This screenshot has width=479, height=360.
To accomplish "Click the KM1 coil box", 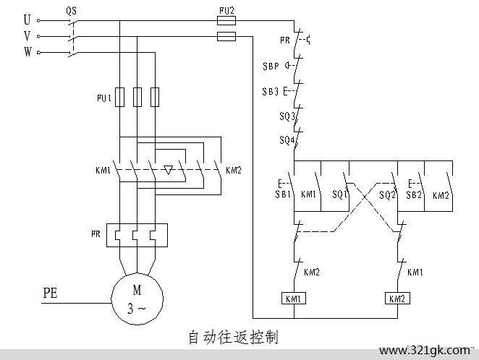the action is click(294, 299).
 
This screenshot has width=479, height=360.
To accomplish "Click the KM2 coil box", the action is click(397, 299).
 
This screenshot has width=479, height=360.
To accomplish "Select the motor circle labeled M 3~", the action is click(137, 299).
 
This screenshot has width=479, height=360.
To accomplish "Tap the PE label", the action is click(50, 293).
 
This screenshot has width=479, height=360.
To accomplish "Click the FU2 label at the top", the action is click(226, 11).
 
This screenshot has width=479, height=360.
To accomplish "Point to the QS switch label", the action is click(72, 11).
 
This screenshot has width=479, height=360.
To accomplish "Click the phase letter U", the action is click(27, 20).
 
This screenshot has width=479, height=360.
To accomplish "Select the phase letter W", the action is click(27, 51).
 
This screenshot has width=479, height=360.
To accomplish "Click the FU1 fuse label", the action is click(104, 98).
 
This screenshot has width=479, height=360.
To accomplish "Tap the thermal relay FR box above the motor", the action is click(137, 235).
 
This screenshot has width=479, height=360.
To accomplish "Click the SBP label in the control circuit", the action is click(271, 66).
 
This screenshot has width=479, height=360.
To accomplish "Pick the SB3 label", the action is click(271, 92).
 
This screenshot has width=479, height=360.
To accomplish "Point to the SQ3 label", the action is click(287, 116).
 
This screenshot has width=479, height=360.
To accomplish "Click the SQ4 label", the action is click(287, 140).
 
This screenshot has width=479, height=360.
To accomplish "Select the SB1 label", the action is click(283, 194).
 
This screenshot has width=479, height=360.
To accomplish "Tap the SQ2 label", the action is click(387, 195).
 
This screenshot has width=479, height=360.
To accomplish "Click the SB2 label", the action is click(414, 195).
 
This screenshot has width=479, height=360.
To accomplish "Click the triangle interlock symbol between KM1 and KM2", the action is click(169, 170).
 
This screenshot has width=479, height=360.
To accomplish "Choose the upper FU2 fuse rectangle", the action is click(226, 21).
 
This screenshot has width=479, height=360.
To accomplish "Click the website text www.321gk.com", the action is click(425, 351).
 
